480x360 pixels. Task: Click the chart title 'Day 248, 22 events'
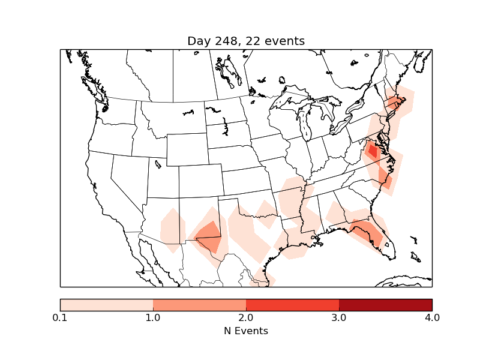[x=246, y=41]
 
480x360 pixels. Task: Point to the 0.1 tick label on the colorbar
[x=60, y=317]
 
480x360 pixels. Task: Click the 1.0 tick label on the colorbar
[x=153, y=317]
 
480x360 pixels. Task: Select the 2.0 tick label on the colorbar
[x=246, y=317]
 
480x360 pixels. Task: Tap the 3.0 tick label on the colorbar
[x=339, y=317]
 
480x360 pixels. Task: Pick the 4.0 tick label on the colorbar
[x=432, y=317]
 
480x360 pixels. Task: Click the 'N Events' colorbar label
[x=246, y=331]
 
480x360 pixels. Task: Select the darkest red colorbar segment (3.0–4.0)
[x=385, y=305]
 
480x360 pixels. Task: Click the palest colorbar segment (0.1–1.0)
[x=107, y=305]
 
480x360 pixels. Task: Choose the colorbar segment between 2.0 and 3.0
[x=292, y=305]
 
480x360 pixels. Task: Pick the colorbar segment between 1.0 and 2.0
[x=199, y=305]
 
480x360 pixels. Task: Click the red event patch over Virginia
[x=372, y=151]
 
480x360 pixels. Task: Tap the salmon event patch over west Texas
[x=209, y=235]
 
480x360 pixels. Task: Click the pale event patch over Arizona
[x=172, y=230]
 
